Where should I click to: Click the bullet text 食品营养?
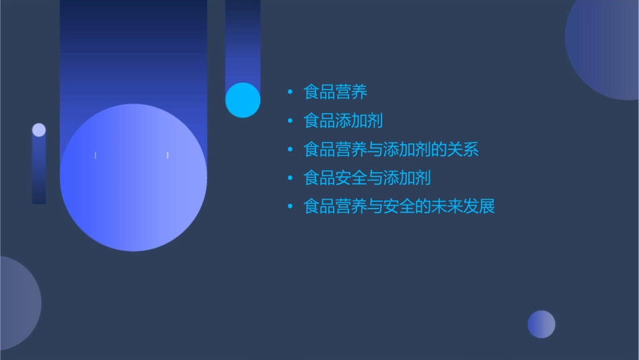tap(335, 92)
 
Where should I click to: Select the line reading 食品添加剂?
tap(343, 120)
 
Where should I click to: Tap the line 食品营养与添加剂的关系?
tap(391, 149)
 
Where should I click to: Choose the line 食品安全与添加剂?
tap(367, 178)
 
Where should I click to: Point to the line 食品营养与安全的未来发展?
tap(399, 206)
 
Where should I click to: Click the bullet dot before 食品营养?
tap(290, 92)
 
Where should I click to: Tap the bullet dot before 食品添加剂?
tap(290, 121)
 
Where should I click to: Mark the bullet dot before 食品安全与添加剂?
tap(290, 178)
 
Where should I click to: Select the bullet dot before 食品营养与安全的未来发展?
tap(290, 207)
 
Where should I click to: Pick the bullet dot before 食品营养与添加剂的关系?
tap(290, 149)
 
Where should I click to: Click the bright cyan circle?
tap(243, 100)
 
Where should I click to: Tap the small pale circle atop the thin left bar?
tap(39, 130)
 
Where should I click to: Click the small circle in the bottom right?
tap(541, 324)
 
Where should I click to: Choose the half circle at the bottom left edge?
tap(17, 303)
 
